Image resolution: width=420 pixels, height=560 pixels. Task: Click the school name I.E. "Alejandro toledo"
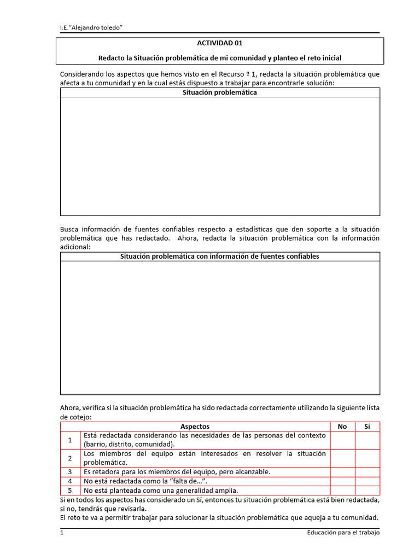91,27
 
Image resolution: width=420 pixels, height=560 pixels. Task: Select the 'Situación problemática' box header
219,93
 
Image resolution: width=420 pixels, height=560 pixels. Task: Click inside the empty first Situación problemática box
219,156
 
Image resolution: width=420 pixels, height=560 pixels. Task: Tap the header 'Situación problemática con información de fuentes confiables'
219,256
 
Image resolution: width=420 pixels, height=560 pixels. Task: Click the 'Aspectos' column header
195,427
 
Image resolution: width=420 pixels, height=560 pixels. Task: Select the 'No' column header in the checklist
342,427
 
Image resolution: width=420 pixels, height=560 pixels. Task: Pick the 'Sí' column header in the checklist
367,427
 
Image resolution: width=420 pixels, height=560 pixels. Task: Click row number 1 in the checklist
70,440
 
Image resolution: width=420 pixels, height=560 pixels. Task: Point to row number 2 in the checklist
70,458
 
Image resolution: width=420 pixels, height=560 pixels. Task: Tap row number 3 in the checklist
70,472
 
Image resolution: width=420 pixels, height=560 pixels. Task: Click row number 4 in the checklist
70,481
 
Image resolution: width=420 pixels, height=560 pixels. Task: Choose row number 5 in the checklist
70,491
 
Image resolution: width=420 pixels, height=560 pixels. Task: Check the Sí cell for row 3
367,472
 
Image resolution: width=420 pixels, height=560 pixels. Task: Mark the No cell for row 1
342,440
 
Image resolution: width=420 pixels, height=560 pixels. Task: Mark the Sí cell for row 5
367,491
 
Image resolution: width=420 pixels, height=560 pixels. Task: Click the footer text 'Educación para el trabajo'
343,533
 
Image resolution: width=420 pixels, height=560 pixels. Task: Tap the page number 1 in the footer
62,533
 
